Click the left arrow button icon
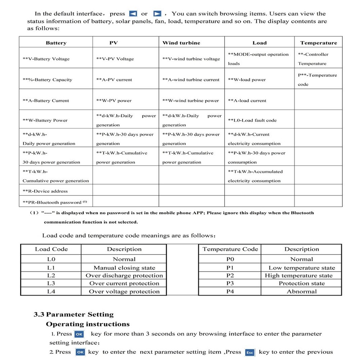[133, 14]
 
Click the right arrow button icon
[157, 14]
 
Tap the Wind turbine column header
[181, 43]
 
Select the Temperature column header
[319, 43]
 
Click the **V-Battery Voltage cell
[46, 59]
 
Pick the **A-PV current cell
[114, 80]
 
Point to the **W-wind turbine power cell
[190, 101]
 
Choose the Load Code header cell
[51, 249]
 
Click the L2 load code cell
[51, 275]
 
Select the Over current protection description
[124, 283]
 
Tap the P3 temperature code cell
[230, 283]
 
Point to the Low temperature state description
[302, 268]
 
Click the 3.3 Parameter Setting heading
[73, 314]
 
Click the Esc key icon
[249, 352]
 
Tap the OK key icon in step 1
[79, 334]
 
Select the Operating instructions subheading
[88, 324]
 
